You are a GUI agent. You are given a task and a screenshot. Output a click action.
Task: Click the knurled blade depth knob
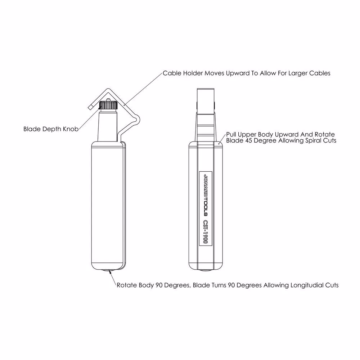108,105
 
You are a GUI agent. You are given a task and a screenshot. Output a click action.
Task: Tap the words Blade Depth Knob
51,129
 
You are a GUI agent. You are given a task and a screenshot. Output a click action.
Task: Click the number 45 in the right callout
249,140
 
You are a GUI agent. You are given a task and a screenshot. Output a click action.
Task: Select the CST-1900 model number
206,232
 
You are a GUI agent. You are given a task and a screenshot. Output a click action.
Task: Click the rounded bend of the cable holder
136,120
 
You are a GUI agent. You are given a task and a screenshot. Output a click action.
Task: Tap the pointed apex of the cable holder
108,89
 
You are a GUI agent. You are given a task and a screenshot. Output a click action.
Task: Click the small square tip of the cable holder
90,107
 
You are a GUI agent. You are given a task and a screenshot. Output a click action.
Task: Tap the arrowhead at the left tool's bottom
111,272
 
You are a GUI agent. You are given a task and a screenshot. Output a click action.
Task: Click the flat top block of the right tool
206,100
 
